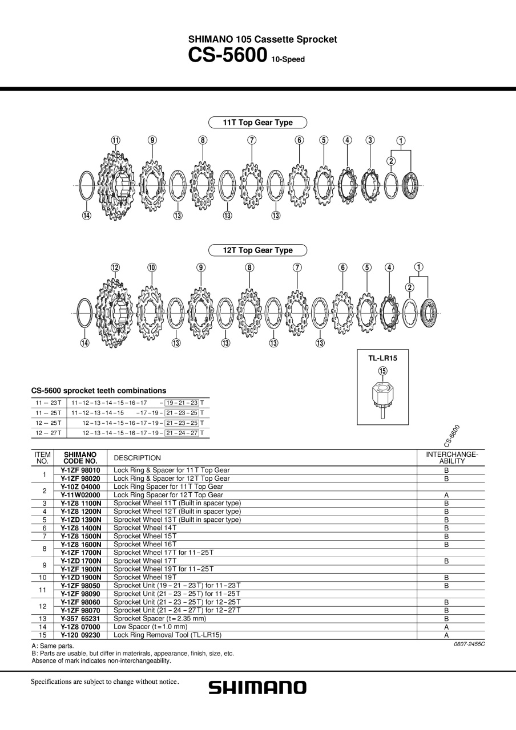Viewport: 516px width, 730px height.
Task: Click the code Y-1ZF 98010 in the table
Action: click(x=80, y=471)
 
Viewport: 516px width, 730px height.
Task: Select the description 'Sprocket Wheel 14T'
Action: click(x=145, y=528)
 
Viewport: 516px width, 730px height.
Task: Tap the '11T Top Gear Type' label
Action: click(x=257, y=123)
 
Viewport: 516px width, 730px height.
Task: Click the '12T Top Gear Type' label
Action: click(x=257, y=250)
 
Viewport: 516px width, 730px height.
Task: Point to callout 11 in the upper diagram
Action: click(x=115, y=140)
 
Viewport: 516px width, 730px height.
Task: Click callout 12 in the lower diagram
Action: click(x=115, y=267)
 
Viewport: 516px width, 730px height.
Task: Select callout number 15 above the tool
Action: click(x=382, y=371)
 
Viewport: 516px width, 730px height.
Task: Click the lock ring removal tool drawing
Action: click(x=382, y=399)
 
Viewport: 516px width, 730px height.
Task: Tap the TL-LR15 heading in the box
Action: click(x=382, y=358)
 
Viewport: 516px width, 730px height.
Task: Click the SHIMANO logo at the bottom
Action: click(x=257, y=687)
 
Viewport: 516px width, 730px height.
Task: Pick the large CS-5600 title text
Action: click(x=228, y=55)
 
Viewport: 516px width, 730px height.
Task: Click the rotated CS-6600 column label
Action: click(x=451, y=436)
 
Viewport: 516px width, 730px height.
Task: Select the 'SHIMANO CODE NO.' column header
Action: click(x=80, y=458)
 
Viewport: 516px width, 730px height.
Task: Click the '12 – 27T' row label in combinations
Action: click(x=49, y=433)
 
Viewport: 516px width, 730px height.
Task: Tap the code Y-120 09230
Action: click(x=80, y=635)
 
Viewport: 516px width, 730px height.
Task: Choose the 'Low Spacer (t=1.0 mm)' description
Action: click(x=150, y=627)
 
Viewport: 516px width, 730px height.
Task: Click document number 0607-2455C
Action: click(x=469, y=644)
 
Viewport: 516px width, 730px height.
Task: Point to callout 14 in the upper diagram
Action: click(x=86, y=216)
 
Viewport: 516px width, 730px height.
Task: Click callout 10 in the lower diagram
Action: click(x=152, y=267)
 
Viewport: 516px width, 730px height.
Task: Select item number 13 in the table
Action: click(x=43, y=619)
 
